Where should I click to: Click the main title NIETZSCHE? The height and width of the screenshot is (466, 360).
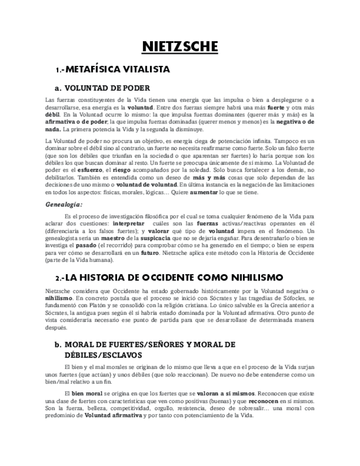coord(180,46)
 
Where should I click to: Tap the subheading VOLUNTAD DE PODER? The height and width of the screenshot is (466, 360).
coord(107,88)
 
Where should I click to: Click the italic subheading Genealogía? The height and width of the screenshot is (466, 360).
coord(64,204)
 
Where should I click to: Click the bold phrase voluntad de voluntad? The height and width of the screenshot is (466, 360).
coord(153,185)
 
